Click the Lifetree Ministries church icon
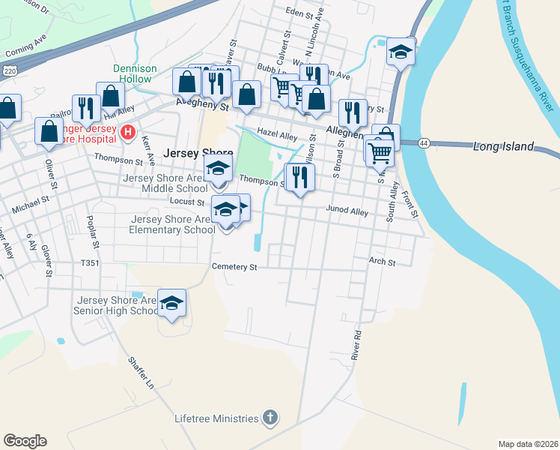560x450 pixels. (270, 418)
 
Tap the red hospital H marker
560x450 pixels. (128, 133)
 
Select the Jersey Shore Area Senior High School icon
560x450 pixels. (172, 303)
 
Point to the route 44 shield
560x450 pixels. (424, 142)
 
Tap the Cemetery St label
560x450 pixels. (234, 266)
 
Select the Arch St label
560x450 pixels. (381, 262)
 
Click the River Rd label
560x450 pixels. (357, 343)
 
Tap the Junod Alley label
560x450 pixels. (347, 212)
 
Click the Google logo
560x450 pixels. (25, 441)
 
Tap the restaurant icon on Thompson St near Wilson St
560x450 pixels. (299, 178)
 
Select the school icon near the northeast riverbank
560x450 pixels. (401, 52)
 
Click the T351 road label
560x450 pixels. (90, 263)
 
